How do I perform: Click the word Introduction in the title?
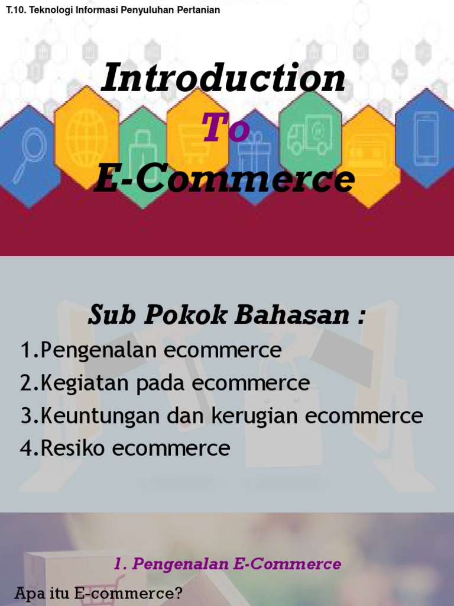(223, 79)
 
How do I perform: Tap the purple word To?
(226, 128)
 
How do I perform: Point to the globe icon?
(86, 134)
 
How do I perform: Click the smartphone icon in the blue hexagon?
(426, 138)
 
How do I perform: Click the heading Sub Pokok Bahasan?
(226, 315)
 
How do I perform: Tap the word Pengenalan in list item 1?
(100, 350)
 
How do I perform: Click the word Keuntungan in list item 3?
(100, 416)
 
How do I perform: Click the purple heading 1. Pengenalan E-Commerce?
(227, 564)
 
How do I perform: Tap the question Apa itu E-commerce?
(98, 594)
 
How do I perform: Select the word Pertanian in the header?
(199, 10)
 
